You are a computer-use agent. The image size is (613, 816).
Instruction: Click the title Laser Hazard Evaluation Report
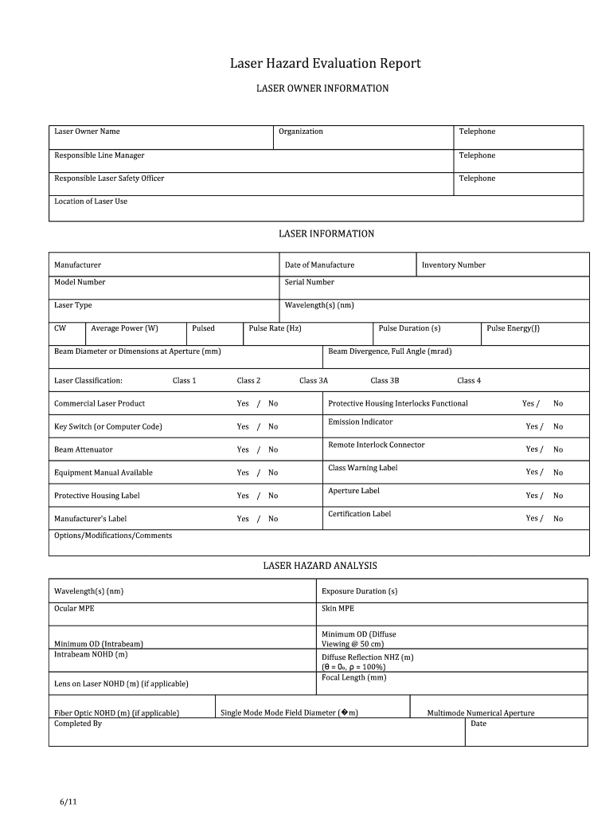pyautogui.click(x=325, y=63)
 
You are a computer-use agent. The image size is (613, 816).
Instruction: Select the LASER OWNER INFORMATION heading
pyautogui.click(x=322, y=88)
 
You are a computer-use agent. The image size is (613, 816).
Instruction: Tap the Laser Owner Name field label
pyautogui.click(x=87, y=131)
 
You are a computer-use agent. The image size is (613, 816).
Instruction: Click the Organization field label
pyautogui.click(x=301, y=131)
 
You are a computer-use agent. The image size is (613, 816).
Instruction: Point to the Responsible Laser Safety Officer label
pyautogui.click(x=109, y=178)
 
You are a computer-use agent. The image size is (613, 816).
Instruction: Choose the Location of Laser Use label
pyautogui.click(x=91, y=202)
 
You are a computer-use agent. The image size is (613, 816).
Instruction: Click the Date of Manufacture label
pyautogui.click(x=319, y=265)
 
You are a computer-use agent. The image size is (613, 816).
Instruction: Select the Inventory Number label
pyautogui.click(x=453, y=265)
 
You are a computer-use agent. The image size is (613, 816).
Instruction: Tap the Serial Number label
pyautogui.click(x=309, y=282)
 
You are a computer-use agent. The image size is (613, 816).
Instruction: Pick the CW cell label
pyautogui.click(x=61, y=328)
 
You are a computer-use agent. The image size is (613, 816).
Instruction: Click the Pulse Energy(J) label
pyautogui.click(x=513, y=328)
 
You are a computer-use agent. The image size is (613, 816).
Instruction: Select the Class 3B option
pyautogui.click(x=385, y=381)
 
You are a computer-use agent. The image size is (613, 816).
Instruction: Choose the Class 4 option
pyautogui.click(x=469, y=381)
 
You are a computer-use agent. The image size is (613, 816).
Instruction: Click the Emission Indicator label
pyautogui.click(x=360, y=422)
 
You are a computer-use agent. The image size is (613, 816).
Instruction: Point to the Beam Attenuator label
pyautogui.click(x=84, y=450)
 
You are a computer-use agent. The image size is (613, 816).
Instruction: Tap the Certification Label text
pyautogui.click(x=359, y=514)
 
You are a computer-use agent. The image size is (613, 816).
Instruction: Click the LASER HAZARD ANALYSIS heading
pyautogui.click(x=320, y=566)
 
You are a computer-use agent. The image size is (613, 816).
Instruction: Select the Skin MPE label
pyautogui.click(x=338, y=609)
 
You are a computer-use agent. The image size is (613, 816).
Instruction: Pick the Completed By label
pyautogui.click(x=78, y=724)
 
